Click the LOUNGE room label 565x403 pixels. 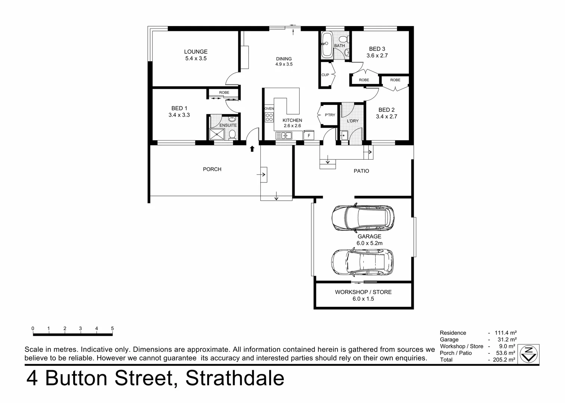[x=196, y=52]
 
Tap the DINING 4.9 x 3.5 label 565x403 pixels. [x=284, y=61]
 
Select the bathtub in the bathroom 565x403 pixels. [x=327, y=44]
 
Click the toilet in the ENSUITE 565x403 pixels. [x=232, y=134]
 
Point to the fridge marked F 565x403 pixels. [x=309, y=135]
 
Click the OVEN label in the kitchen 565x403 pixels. [x=269, y=109]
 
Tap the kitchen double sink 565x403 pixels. [x=284, y=135]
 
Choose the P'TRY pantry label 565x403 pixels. [x=330, y=115]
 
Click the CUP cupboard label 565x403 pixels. [x=325, y=75]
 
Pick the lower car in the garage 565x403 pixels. [x=362, y=262]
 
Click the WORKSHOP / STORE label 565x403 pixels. [x=363, y=292]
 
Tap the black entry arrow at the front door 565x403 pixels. [x=252, y=149]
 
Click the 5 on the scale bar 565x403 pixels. [x=112, y=329]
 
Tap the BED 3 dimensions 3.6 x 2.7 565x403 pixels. [x=377, y=56]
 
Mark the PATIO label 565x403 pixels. [x=361, y=171]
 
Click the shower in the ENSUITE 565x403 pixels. [x=217, y=134]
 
